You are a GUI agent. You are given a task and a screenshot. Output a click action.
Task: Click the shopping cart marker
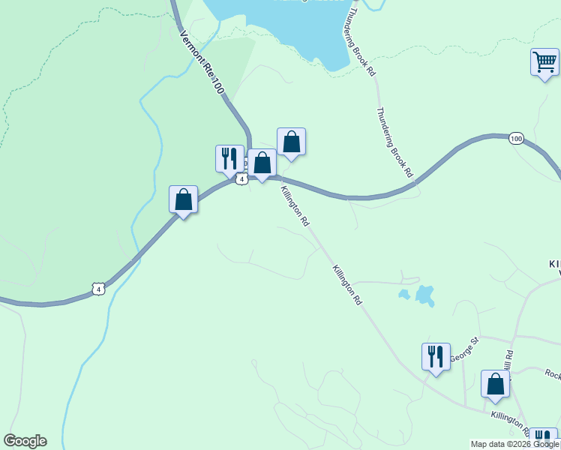[x=544, y=62]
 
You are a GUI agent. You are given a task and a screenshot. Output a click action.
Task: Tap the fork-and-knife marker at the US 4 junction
[x=229, y=158]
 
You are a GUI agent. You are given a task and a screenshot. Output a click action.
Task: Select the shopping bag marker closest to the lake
[x=291, y=141]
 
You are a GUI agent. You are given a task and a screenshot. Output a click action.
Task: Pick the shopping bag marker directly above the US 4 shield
[x=262, y=162]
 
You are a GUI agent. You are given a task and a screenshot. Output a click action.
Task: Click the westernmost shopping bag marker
[x=183, y=199]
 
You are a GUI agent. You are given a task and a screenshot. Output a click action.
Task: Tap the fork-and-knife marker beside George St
[x=436, y=357]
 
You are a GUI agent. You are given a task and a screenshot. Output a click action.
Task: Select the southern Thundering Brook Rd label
[x=394, y=142]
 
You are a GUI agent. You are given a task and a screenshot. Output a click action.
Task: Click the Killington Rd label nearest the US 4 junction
[x=295, y=206]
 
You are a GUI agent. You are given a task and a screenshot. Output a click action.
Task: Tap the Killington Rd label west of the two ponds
[x=347, y=284]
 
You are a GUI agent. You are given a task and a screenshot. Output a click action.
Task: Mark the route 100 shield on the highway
[x=515, y=138]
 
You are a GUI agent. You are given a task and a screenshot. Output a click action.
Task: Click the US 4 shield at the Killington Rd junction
[x=241, y=179]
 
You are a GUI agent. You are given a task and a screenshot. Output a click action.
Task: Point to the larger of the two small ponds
[x=425, y=295]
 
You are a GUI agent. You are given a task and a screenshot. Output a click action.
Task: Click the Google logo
[x=25, y=441]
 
